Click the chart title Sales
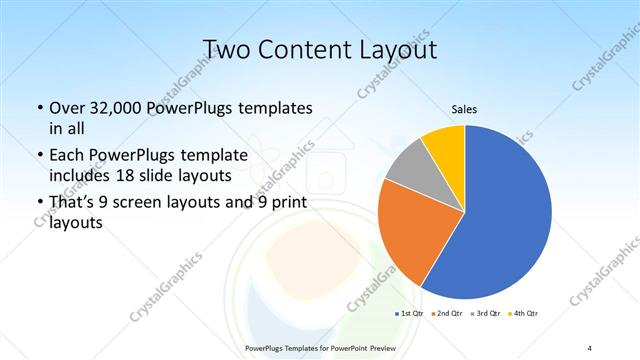pyautogui.click(x=464, y=109)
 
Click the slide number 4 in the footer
pyautogui.click(x=589, y=346)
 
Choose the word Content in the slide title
pyautogui.click(x=300, y=50)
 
